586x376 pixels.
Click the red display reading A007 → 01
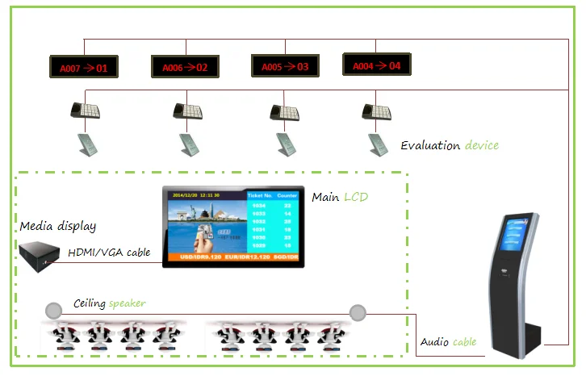point(83,67)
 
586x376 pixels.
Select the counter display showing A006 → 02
point(185,67)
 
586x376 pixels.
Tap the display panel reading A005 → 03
point(285,66)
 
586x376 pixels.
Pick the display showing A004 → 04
point(377,65)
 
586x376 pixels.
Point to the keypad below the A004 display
point(376,110)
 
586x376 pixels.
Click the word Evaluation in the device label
point(430,146)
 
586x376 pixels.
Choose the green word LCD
point(358,197)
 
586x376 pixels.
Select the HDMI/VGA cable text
point(109,253)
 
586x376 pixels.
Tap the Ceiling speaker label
point(110,303)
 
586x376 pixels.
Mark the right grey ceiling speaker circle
point(358,311)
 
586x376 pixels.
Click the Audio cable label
point(448,342)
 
